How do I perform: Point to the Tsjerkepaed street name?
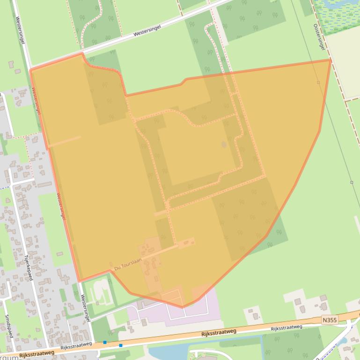coord(28,263)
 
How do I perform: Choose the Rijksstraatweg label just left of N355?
coord(287,328)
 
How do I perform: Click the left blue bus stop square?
coord(105,342)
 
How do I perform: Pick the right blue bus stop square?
coord(121,346)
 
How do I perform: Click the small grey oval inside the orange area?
coord(224,144)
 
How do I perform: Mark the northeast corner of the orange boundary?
coord(331,60)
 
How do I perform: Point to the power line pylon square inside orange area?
coord(318,82)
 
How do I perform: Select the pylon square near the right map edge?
coord(352,182)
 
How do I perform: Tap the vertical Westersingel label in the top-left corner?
coord(20,30)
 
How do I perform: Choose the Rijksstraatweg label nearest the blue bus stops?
coord(76,346)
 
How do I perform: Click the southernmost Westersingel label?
coord(85,308)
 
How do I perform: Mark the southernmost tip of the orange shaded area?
coord(183,307)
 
